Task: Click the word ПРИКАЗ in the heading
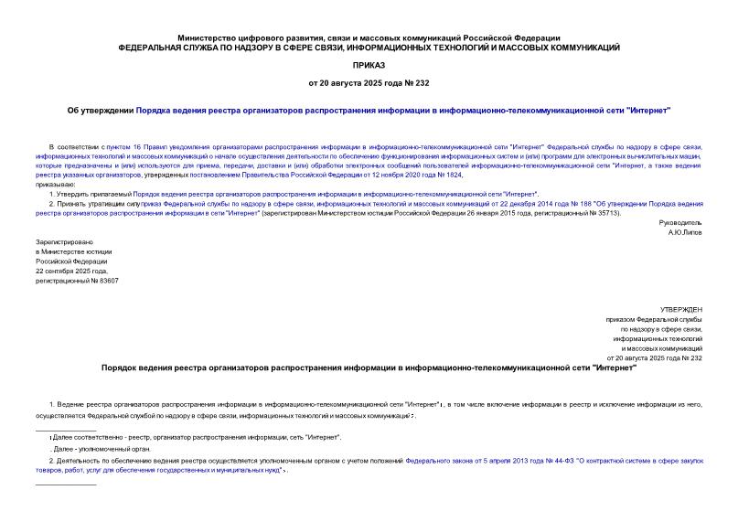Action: pos(369,65)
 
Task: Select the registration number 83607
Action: pos(106,282)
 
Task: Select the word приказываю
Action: pos(57,184)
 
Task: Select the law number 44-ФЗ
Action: pos(556,462)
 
